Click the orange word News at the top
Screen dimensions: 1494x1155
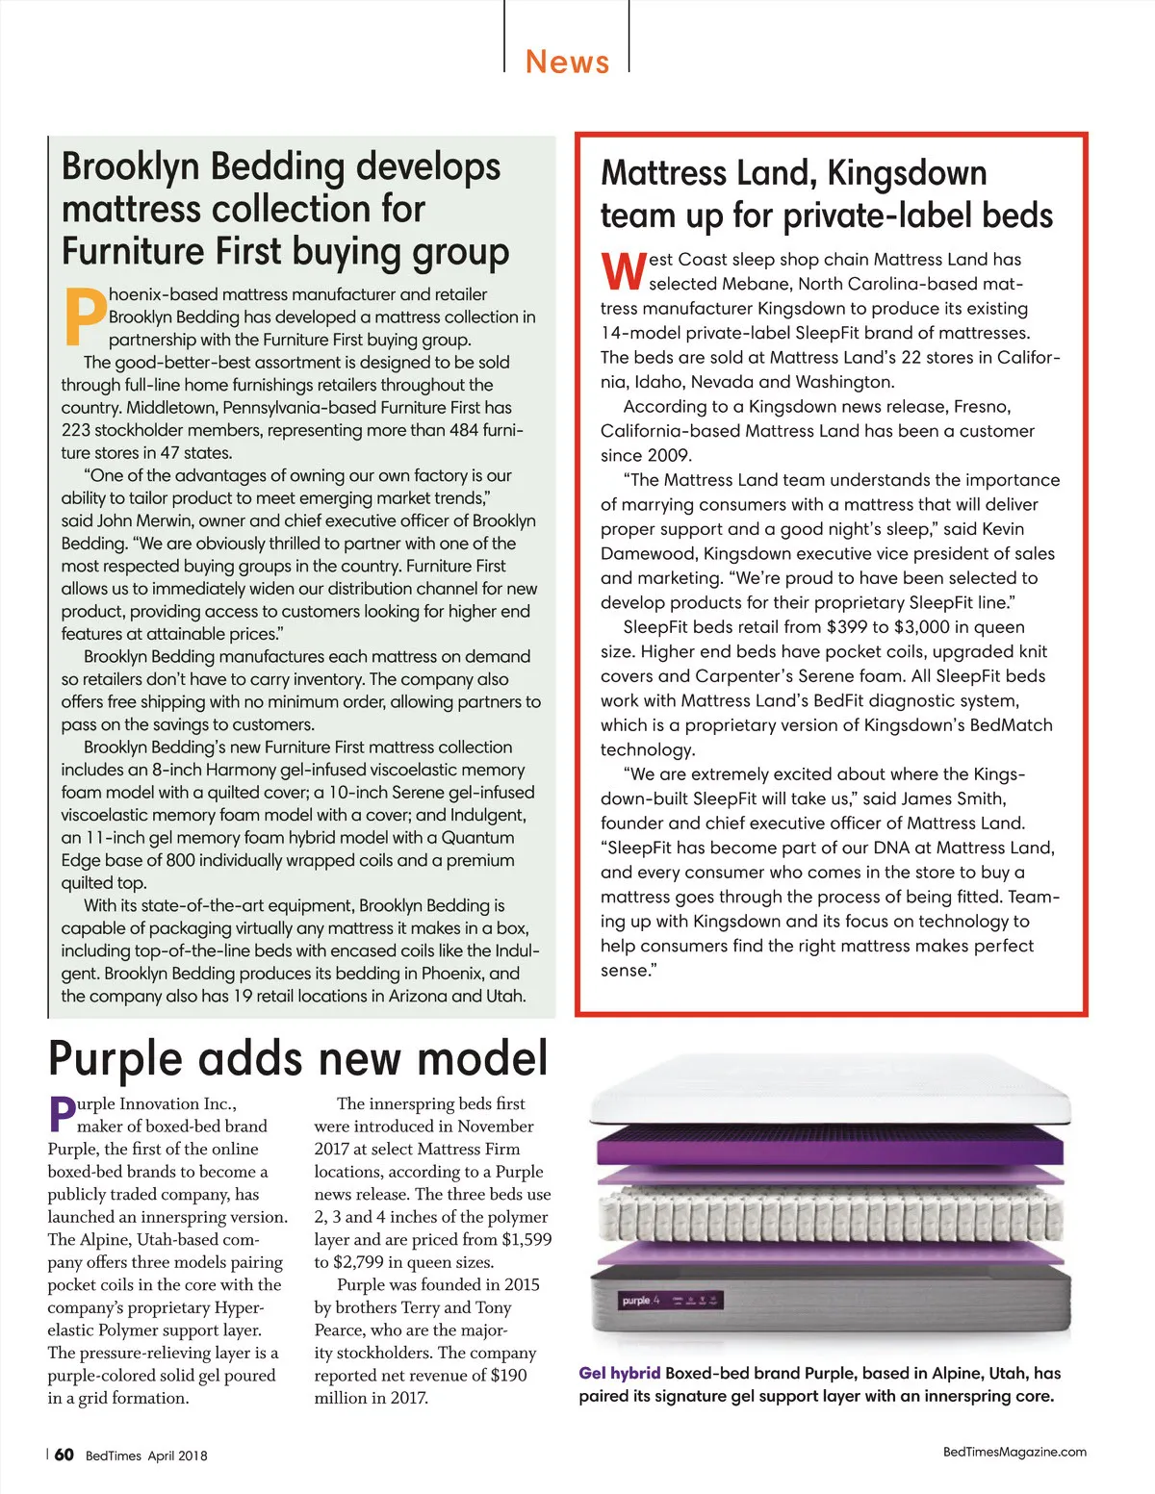567,63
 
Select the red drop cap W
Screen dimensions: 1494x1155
622,272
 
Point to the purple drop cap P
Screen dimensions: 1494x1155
61,1115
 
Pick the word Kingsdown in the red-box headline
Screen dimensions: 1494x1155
907,174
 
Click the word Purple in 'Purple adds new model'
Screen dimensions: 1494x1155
115,1058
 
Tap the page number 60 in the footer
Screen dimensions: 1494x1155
64,1455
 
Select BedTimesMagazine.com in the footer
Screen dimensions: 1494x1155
1014,1452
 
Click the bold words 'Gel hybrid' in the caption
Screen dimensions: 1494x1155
619,1373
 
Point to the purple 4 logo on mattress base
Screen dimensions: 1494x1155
640,1301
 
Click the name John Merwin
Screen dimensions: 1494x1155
140,520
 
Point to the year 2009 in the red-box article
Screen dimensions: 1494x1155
669,456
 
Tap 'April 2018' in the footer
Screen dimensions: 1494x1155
177,1456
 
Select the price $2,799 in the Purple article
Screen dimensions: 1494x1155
362,1262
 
